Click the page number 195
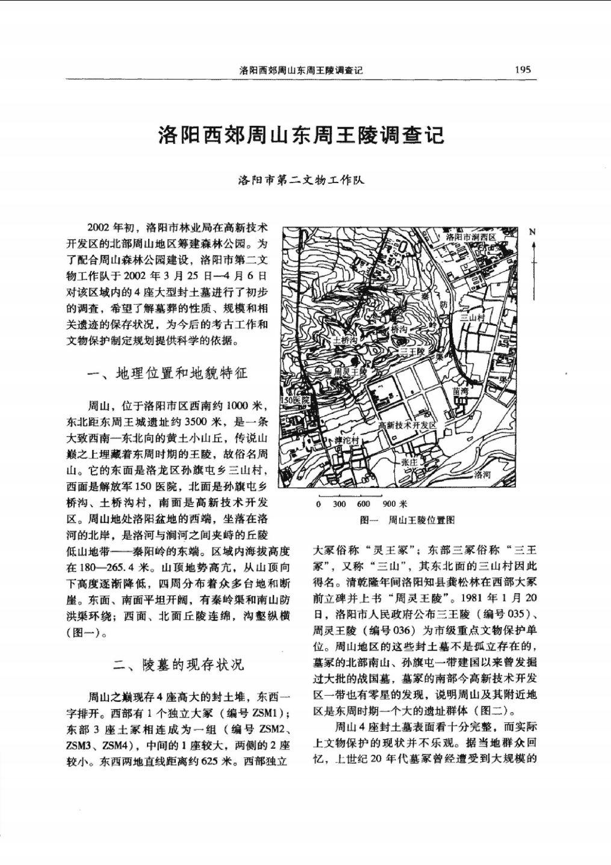point(523,69)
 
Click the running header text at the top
point(301,70)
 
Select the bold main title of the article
point(301,134)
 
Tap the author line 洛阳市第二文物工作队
point(301,180)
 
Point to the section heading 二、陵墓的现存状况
point(179,665)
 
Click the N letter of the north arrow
point(532,233)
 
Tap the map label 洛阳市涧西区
point(471,237)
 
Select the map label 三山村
point(473,317)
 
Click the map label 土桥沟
point(346,340)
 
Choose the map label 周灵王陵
point(350,372)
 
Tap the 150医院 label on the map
point(296,400)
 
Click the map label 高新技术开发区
point(408,425)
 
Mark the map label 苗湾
point(461,391)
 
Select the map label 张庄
point(409,462)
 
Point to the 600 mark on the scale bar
point(363,504)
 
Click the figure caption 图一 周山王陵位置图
point(407,520)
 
